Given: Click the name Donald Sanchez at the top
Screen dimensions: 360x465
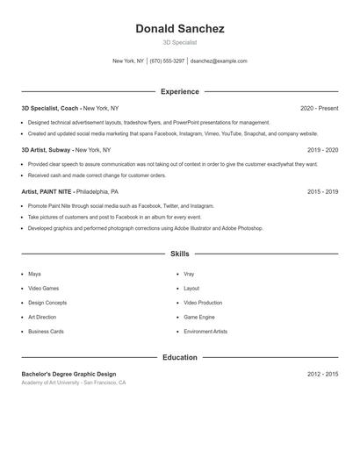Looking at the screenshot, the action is point(179,29).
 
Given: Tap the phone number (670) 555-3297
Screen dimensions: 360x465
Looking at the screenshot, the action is point(167,61).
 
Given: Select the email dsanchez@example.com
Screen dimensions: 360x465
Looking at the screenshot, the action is point(219,61).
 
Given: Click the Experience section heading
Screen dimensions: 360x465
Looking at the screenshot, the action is point(179,91).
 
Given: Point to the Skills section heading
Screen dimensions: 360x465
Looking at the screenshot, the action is point(179,254).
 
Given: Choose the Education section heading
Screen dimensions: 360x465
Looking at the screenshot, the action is point(179,357).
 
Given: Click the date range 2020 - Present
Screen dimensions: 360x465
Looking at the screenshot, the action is point(319,108).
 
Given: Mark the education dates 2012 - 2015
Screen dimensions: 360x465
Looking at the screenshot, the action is point(322,374).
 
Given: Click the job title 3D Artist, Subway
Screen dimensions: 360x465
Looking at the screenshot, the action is point(47,150).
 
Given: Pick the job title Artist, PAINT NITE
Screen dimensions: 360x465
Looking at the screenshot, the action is point(47,191).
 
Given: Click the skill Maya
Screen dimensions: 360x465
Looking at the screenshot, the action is point(34,274).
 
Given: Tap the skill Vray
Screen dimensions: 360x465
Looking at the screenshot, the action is point(189,274).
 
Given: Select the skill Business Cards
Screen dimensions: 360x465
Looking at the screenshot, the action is point(46,332).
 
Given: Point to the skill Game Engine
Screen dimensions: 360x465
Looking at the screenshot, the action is point(199,317).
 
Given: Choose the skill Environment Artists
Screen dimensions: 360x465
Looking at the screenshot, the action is point(205,332).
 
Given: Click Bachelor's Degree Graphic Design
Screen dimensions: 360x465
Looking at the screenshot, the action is point(68,374).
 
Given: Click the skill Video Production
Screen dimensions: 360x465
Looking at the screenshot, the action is point(203,303).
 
